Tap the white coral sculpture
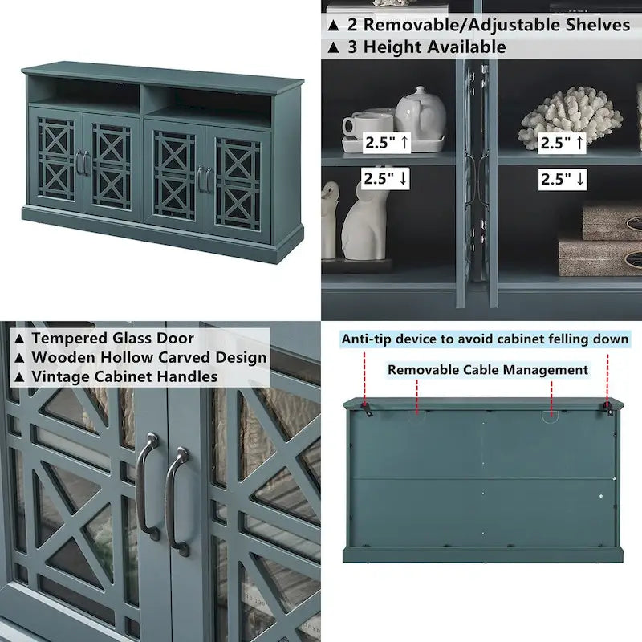click(570, 116)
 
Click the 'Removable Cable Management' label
click(488, 370)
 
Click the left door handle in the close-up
click(147, 486)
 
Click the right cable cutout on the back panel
click(550, 416)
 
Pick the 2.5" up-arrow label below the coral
click(563, 143)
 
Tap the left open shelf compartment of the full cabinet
click(87, 95)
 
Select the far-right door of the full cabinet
click(237, 183)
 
